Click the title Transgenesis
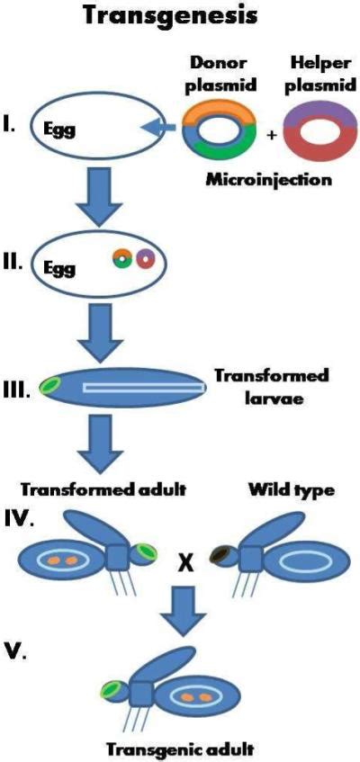pos(179,16)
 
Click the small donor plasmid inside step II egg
pos(122,259)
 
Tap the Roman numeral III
pos(19,390)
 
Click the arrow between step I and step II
pos(98,207)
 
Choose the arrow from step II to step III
pos(98,333)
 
